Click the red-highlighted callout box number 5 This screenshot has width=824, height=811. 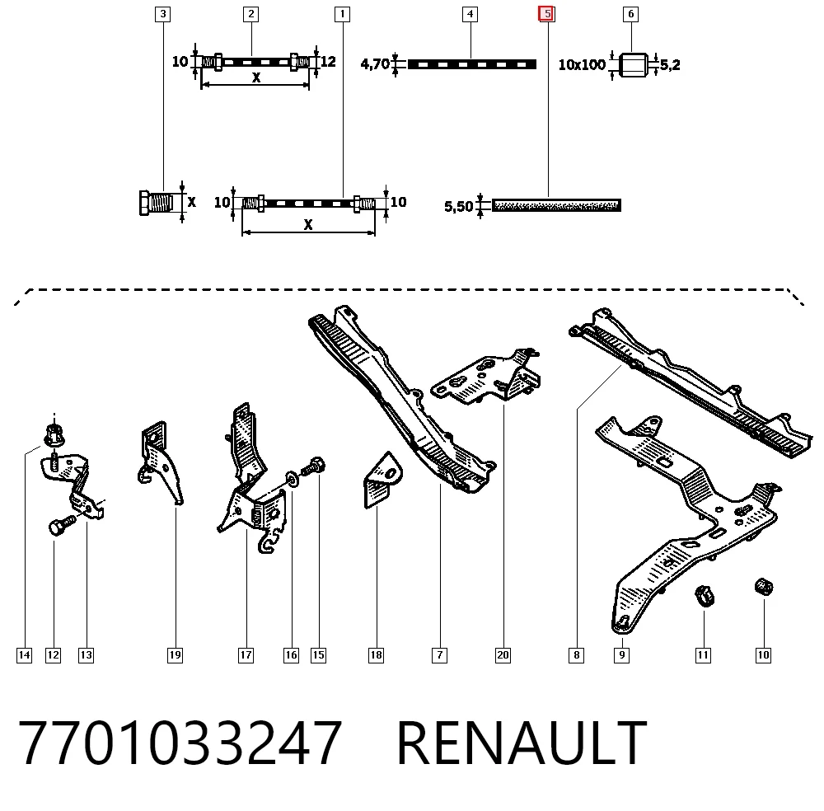(x=546, y=14)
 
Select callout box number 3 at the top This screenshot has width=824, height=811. (x=163, y=14)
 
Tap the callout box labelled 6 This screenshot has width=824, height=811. (x=630, y=14)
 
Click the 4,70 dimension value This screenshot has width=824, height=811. (x=375, y=64)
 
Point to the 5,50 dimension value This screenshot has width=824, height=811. (x=458, y=206)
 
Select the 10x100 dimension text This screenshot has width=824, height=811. (x=582, y=64)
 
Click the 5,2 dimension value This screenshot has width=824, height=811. (x=670, y=65)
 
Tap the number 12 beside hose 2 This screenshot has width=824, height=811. (x=328, y=62)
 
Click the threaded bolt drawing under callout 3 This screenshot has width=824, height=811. (x=156, y=203)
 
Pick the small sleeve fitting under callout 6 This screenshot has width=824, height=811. (x=633, y=64)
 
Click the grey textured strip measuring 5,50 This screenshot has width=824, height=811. (x=556, y=205)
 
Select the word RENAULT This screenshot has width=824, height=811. (x=522, y=743)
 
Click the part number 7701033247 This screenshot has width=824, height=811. (x=180, y=743)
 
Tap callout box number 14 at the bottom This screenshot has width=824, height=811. (x=24, y=655)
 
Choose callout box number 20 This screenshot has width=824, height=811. (x=503, y=655)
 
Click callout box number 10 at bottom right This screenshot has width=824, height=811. (x=763, y=655)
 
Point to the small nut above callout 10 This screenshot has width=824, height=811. (x=764, y=587)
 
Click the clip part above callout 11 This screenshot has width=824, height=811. (x=705, y=596)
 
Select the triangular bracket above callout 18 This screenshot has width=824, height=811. (x=382, y=480)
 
